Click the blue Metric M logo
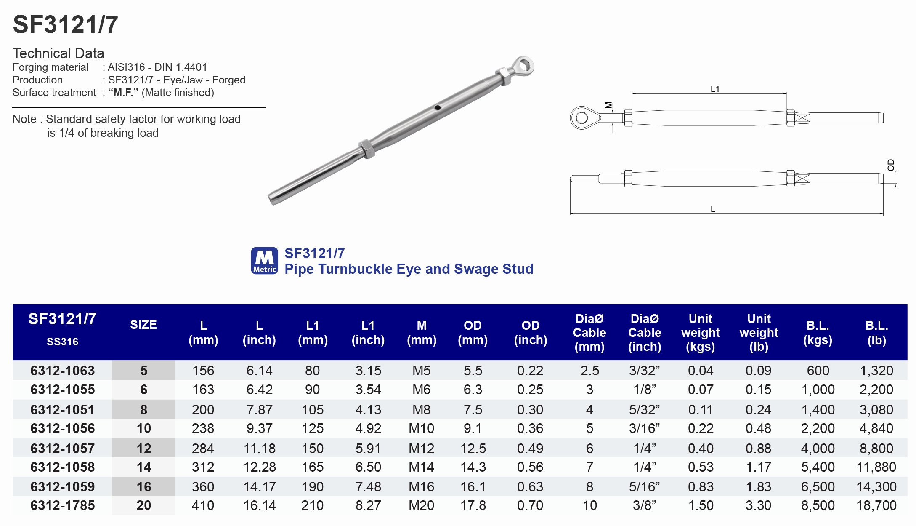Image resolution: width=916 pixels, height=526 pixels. pyautogui.click(x=264, y=261)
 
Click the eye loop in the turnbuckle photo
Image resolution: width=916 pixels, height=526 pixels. pyautogui.click(x=524, y=66)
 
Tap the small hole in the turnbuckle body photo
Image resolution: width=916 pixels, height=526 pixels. pyautogui.click(x=438, y=108)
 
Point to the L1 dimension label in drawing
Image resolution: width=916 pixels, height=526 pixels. pyautogui.click(x=715, y=89)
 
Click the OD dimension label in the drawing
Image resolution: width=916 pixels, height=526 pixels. pyautogui.click(x=891, y=165)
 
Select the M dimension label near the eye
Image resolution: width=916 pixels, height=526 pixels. pyautogui.click(x=608, y=105)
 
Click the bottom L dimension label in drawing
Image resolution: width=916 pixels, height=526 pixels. pyautogui.click(x=713, y=209)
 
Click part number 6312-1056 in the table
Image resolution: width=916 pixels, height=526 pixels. pyautogui.click(x=62, y=428)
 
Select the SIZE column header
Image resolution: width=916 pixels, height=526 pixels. pyautogui.click(x=143, y=325)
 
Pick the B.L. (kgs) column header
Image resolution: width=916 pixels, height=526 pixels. pyautogui.click(x=818, y=332)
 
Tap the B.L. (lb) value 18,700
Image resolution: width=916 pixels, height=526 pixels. pyautogui.click(x=876, y=505)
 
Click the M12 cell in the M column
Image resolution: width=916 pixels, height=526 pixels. pyautogui.click(x=421, y=449)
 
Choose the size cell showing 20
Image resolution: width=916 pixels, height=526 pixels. pyautogui.click(x=143, y=505)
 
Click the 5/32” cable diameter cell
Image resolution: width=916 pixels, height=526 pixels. pyautogui.click(x=644, y=409)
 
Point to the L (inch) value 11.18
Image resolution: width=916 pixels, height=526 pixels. pyautogui.click(x=260, y=449)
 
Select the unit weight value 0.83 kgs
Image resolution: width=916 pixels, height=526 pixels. pyautogui.click(x=701, y=487)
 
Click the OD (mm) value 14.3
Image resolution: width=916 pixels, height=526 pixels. pyautogui.click(x=473, y=467)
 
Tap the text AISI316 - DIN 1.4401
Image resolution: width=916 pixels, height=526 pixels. pyautogui.click(x=157, y=67)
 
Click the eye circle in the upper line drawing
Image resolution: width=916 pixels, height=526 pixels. pyautogui.click(x=582, y=118)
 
